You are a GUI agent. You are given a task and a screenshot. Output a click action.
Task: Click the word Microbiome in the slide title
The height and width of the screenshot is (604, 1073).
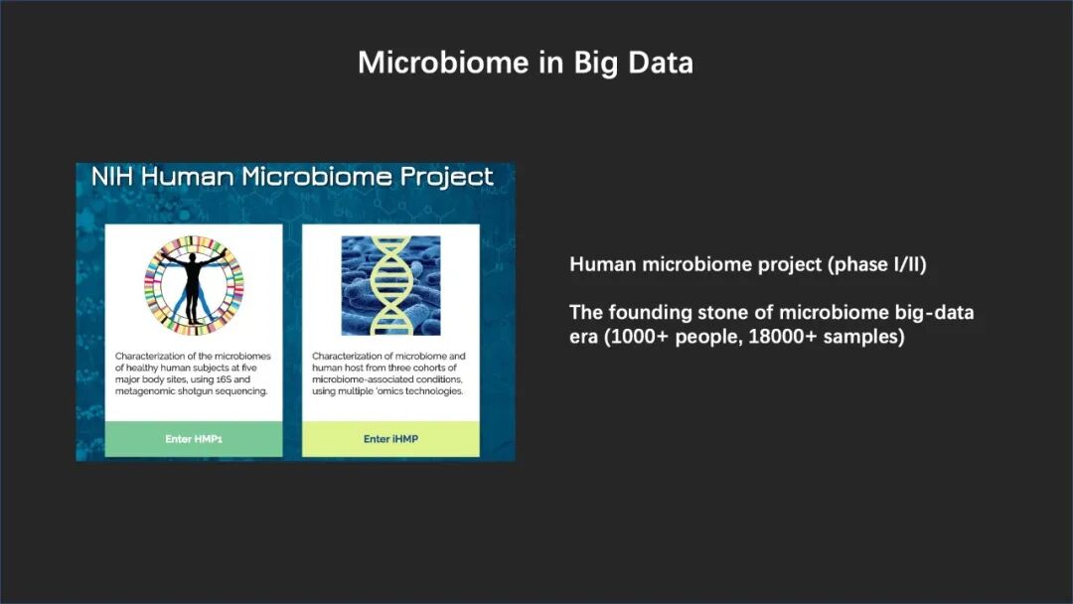(443, 63)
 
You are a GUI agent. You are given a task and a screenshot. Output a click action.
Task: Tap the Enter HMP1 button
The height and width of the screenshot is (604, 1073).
(194, 439)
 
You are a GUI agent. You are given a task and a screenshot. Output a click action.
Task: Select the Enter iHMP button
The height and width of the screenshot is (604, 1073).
(390, 439)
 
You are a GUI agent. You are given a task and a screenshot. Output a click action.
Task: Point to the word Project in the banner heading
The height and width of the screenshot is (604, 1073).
(446, 177)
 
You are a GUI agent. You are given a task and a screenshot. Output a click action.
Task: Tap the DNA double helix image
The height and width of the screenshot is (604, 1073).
(390, 286)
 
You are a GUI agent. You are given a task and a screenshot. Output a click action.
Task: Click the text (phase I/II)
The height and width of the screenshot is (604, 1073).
(877, 264)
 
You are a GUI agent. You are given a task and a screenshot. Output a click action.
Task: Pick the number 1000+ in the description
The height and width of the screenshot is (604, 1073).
(635, 337)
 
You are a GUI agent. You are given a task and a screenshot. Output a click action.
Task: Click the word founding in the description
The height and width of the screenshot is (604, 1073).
(650, 313)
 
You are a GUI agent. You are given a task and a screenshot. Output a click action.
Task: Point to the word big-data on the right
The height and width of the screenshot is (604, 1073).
(934, 313)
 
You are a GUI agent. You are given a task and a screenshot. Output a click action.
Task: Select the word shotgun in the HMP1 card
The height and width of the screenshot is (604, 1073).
(194, 391)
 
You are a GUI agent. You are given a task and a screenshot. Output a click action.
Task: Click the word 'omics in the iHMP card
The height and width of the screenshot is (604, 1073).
(387, 391)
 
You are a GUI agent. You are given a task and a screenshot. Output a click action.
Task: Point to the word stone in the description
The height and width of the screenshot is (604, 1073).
(723, 313)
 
